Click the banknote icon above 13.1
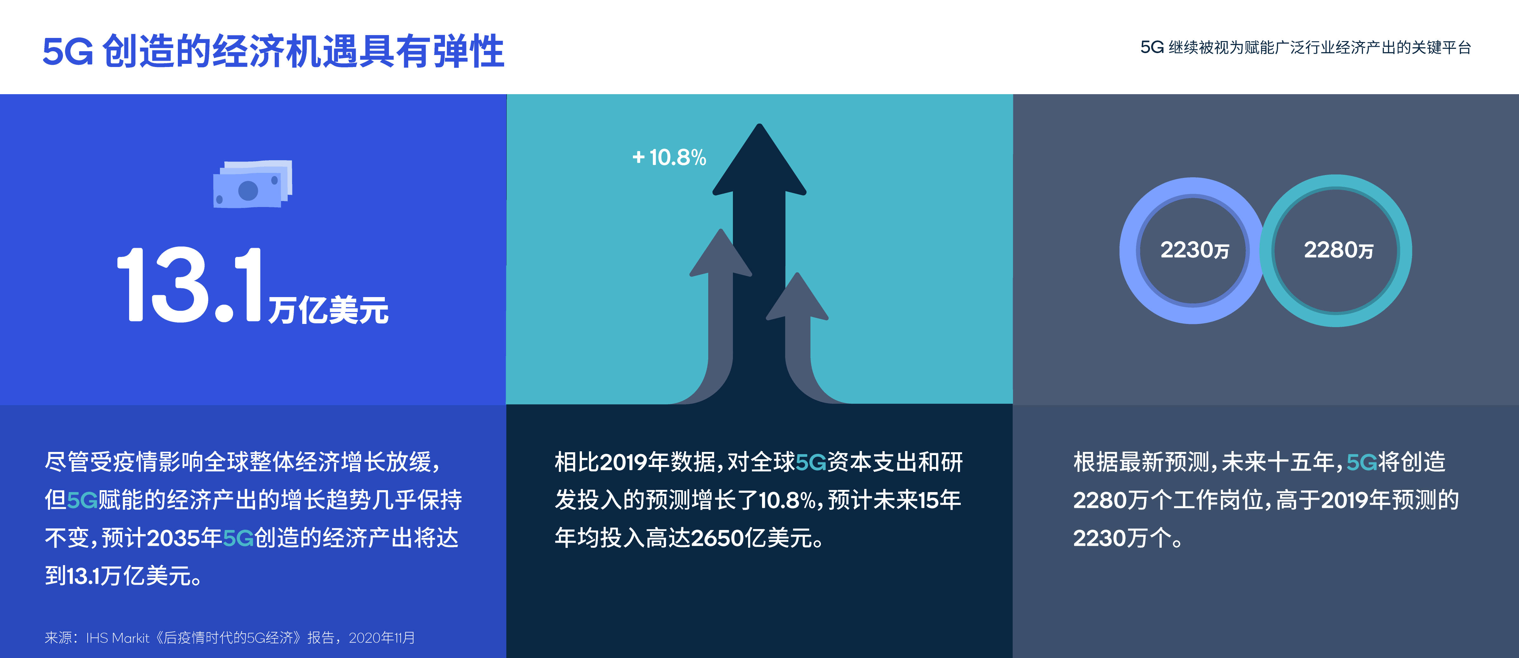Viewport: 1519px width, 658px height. (x=253, y=184)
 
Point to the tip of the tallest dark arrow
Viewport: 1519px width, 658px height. (x=759, y=125)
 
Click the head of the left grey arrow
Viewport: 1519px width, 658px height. (x=721, y=253)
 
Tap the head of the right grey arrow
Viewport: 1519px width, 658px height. (x=797, y=296)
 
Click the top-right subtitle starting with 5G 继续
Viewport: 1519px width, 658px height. (x=1305, y=47)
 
